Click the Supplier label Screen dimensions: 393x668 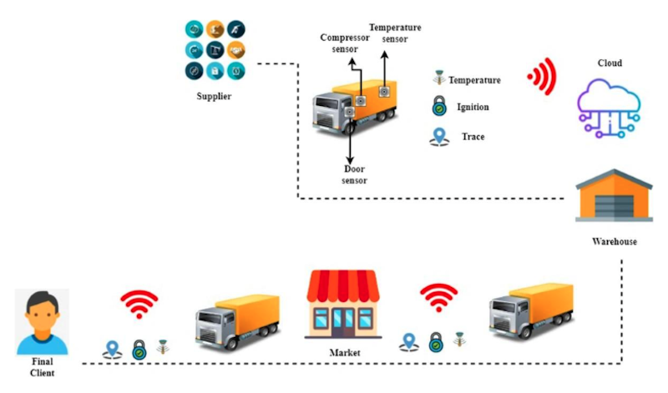(x=214, y=97)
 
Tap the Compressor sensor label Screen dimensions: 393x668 (x=345, y=43)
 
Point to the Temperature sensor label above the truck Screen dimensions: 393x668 (x=395, y=33)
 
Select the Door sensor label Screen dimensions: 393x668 (x=354, y=174)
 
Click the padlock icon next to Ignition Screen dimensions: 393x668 (x=438, y=108)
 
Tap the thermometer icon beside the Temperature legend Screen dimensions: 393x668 (x=437, y=79)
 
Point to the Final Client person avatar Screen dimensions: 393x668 (x=42, y=322)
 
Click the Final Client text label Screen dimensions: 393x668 (x=42, y=368)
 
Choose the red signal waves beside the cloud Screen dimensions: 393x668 (x=542, y=79)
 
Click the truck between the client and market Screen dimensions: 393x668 (x=237, y=320)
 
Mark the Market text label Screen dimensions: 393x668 (x=344, y=354)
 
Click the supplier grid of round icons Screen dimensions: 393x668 (x=214, y=51)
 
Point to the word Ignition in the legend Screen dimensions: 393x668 (x=473, y=108)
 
